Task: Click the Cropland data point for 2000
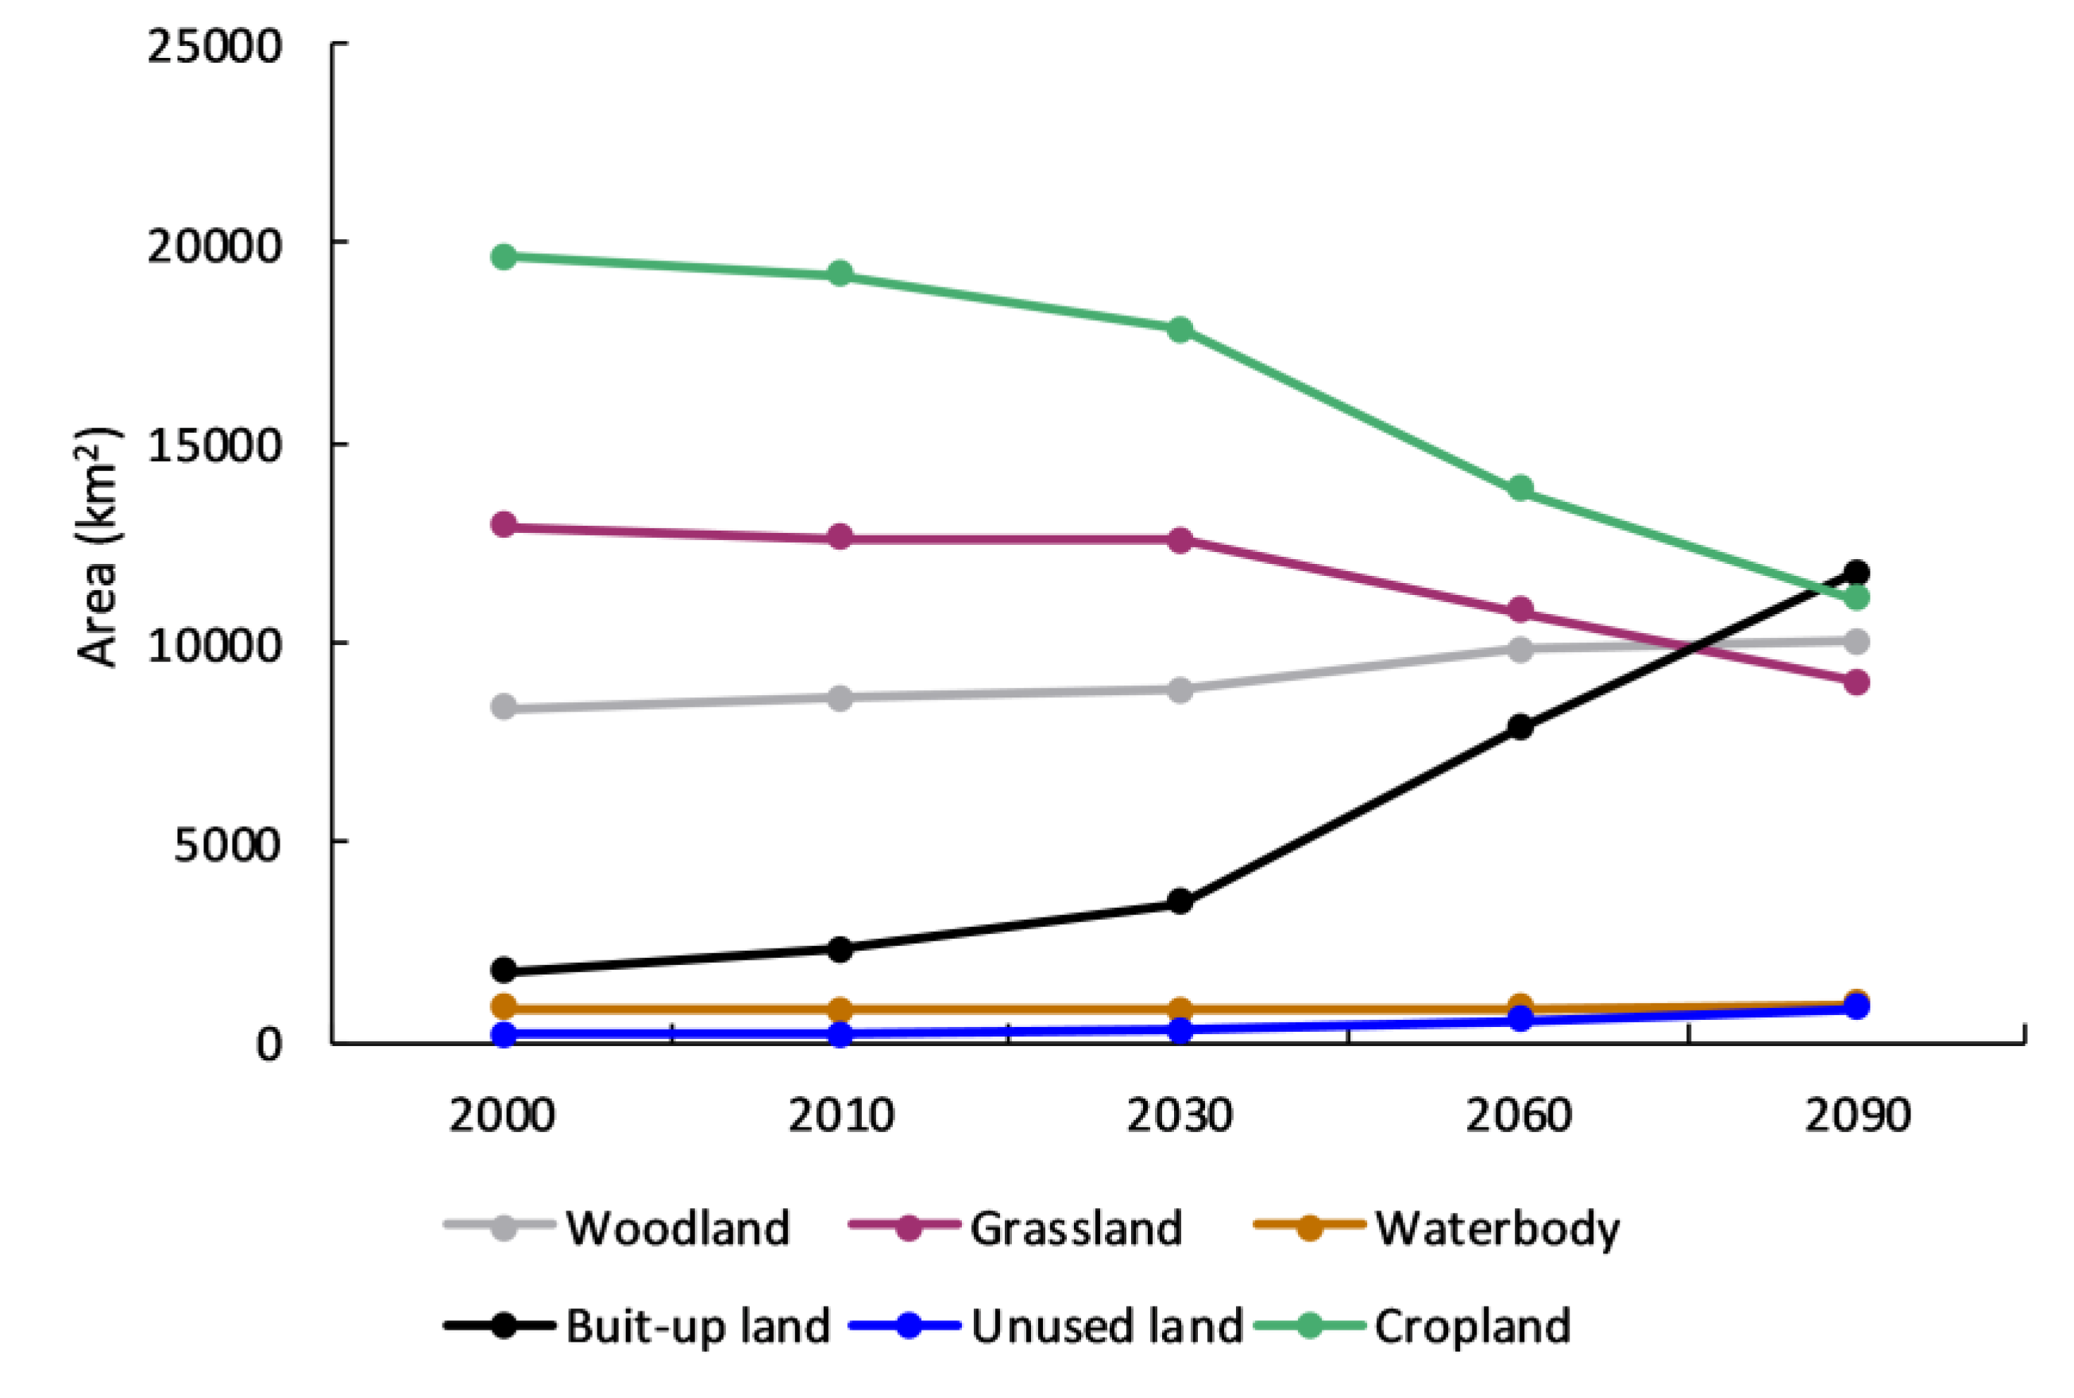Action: click(x=504, y=257)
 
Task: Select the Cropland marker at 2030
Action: click(x=1180, y=330)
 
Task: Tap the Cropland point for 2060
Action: click(x=1520, y=489)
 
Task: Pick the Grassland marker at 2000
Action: click(x=504, y=524)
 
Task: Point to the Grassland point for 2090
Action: click(x=1856, y=682)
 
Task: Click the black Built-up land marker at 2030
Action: click(x=1180, y=901)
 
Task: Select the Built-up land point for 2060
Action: click(x=1520, y=727)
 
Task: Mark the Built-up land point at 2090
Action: click(x=1856, y=571)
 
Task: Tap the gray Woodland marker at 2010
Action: click(x=840, y=698)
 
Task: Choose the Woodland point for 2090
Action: click(x=1856, y=641)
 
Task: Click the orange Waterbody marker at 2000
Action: click(x=504, y=1006)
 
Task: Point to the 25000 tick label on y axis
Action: click(x=214, y=45)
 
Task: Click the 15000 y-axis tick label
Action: click(x=214, y=445)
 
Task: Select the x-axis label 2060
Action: click(x=1519, y=1115)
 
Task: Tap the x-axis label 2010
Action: click(x=840, y=1115)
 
